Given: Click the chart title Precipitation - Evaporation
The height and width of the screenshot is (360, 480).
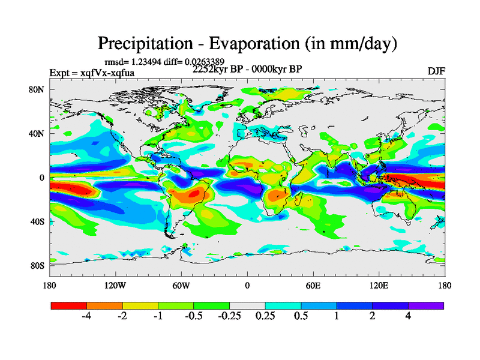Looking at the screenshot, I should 247,43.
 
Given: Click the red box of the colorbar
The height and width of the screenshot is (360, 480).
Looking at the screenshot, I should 68,305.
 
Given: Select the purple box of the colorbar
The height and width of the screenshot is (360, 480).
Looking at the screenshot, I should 426,305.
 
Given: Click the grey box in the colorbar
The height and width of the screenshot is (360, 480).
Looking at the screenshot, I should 247,305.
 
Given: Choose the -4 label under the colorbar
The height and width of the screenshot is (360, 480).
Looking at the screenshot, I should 86,317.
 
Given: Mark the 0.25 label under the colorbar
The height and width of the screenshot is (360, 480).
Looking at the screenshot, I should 265,317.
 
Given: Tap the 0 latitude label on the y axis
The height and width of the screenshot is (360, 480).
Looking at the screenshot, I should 43,178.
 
